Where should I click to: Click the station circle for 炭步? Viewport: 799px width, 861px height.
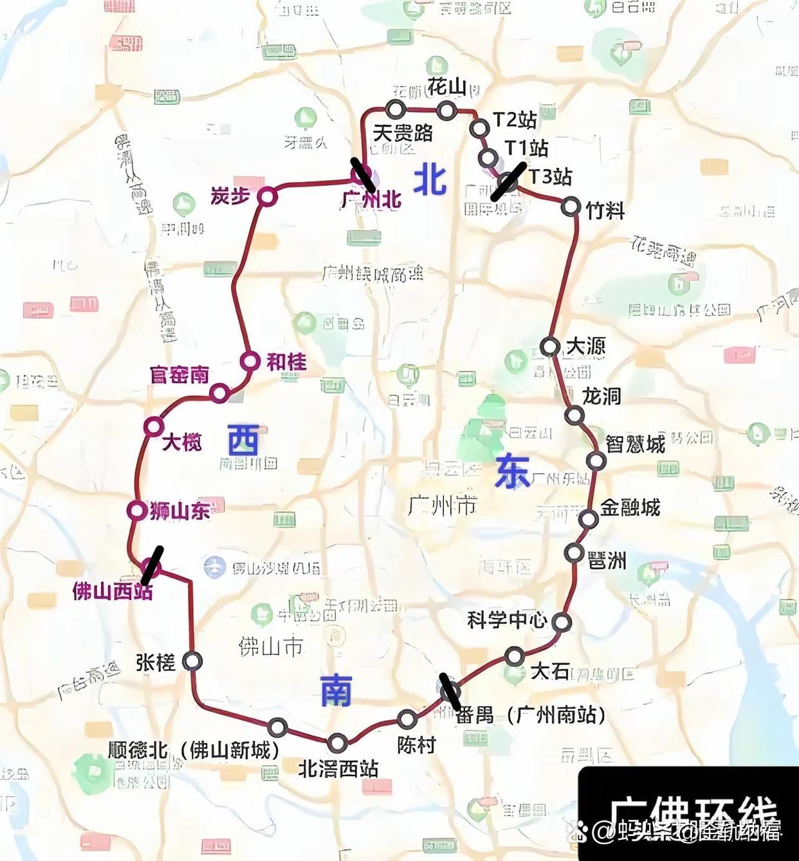click(x=266, y=197)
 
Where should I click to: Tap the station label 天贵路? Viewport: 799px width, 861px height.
click(x=403, y=133)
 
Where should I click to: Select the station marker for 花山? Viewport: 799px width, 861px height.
click(x=446, y=111)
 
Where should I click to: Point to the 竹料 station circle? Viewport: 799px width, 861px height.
click(x=571, y=206)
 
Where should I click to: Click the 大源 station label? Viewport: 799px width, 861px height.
click(x=585, y=347)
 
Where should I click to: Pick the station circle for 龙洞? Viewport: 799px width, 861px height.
click(x=574, y=415)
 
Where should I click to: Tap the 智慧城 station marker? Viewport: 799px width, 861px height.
click(x=596, y=460)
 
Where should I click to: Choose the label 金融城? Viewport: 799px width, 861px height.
click(x=630, y=507)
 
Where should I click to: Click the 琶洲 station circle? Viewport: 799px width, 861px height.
click(x=574, y=552)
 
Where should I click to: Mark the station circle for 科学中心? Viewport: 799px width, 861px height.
click(x=562, y=622)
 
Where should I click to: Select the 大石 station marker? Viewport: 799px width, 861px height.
click(x=514, y=657)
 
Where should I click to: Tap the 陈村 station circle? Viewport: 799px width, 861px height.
click(x=407, y=720)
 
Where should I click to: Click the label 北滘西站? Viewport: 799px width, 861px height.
click(x=338, y=769)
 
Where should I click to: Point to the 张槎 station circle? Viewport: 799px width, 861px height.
click(x=192, y=660)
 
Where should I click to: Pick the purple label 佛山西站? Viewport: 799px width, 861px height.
click(x=113, y=592)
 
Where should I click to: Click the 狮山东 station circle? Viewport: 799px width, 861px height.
click(x=136, y=511)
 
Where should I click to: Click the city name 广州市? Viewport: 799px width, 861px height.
click(x=443, y=506)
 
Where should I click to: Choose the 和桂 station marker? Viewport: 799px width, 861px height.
click(x=250, y=361)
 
